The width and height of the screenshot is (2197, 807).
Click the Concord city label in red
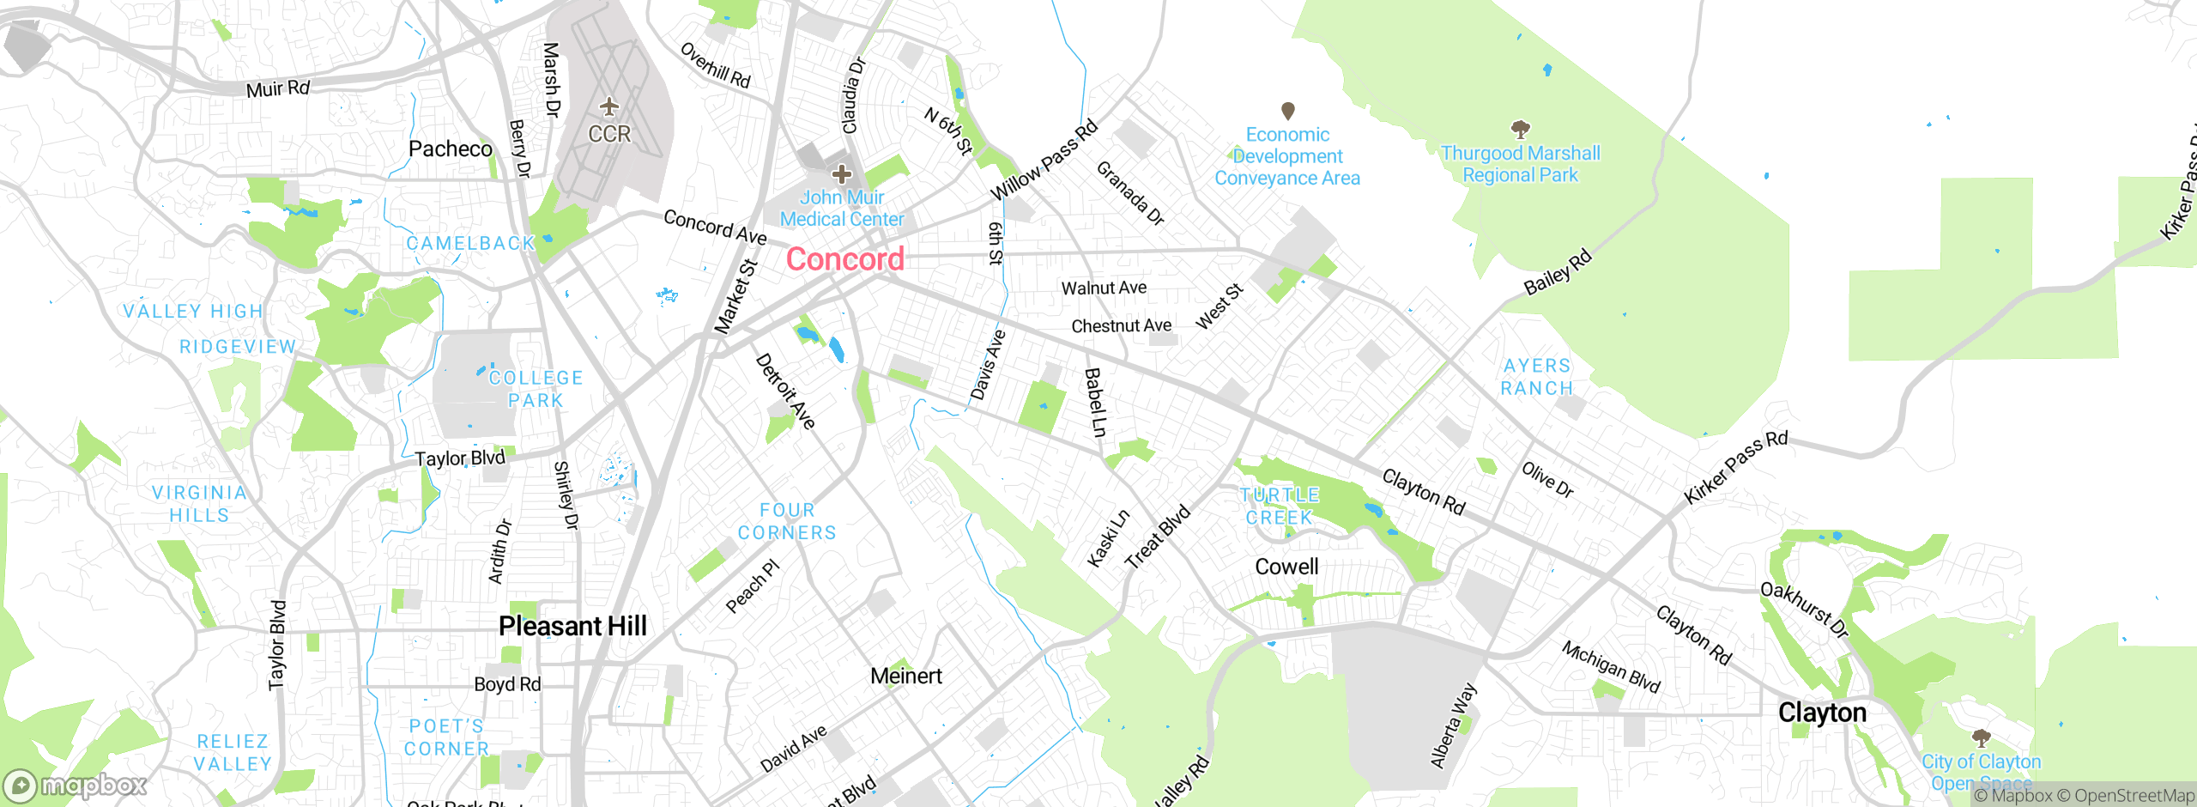click(x=845, y=259)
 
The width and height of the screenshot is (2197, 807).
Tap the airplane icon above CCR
click(x=608, y=107)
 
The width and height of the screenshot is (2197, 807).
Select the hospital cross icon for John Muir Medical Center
click(x=841, y=174)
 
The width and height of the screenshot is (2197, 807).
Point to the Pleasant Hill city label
click(x=572, y=626)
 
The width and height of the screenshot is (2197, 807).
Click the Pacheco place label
click(x=450, y=149)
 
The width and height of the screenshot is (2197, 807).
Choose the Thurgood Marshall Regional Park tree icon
click(x=1520, y=130)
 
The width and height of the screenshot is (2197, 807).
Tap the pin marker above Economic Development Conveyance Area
click(x=1287, y=111)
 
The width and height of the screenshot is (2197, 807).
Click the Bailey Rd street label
click(x=1558, y=271)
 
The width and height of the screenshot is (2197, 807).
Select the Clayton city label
click(x=1822, y=713)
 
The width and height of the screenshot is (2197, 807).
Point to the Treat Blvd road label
click(x=1157, y=537)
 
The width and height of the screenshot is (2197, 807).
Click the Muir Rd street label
click(x=277, y=88)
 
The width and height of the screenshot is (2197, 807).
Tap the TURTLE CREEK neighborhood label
click(x=1280, y=506)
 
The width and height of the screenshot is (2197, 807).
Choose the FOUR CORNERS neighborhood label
click(x=787, y=521)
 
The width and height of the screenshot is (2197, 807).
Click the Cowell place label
click(x=1286, y=567)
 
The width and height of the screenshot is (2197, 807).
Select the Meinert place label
click(x=905, y=676)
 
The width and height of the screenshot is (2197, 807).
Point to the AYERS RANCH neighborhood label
click(x=1537, y=377)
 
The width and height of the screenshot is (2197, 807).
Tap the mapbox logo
click(x=75, y=785)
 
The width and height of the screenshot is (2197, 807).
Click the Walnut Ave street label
click(x=1104, y=288)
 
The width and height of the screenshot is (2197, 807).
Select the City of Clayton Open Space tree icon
click(x=1981, y=737)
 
